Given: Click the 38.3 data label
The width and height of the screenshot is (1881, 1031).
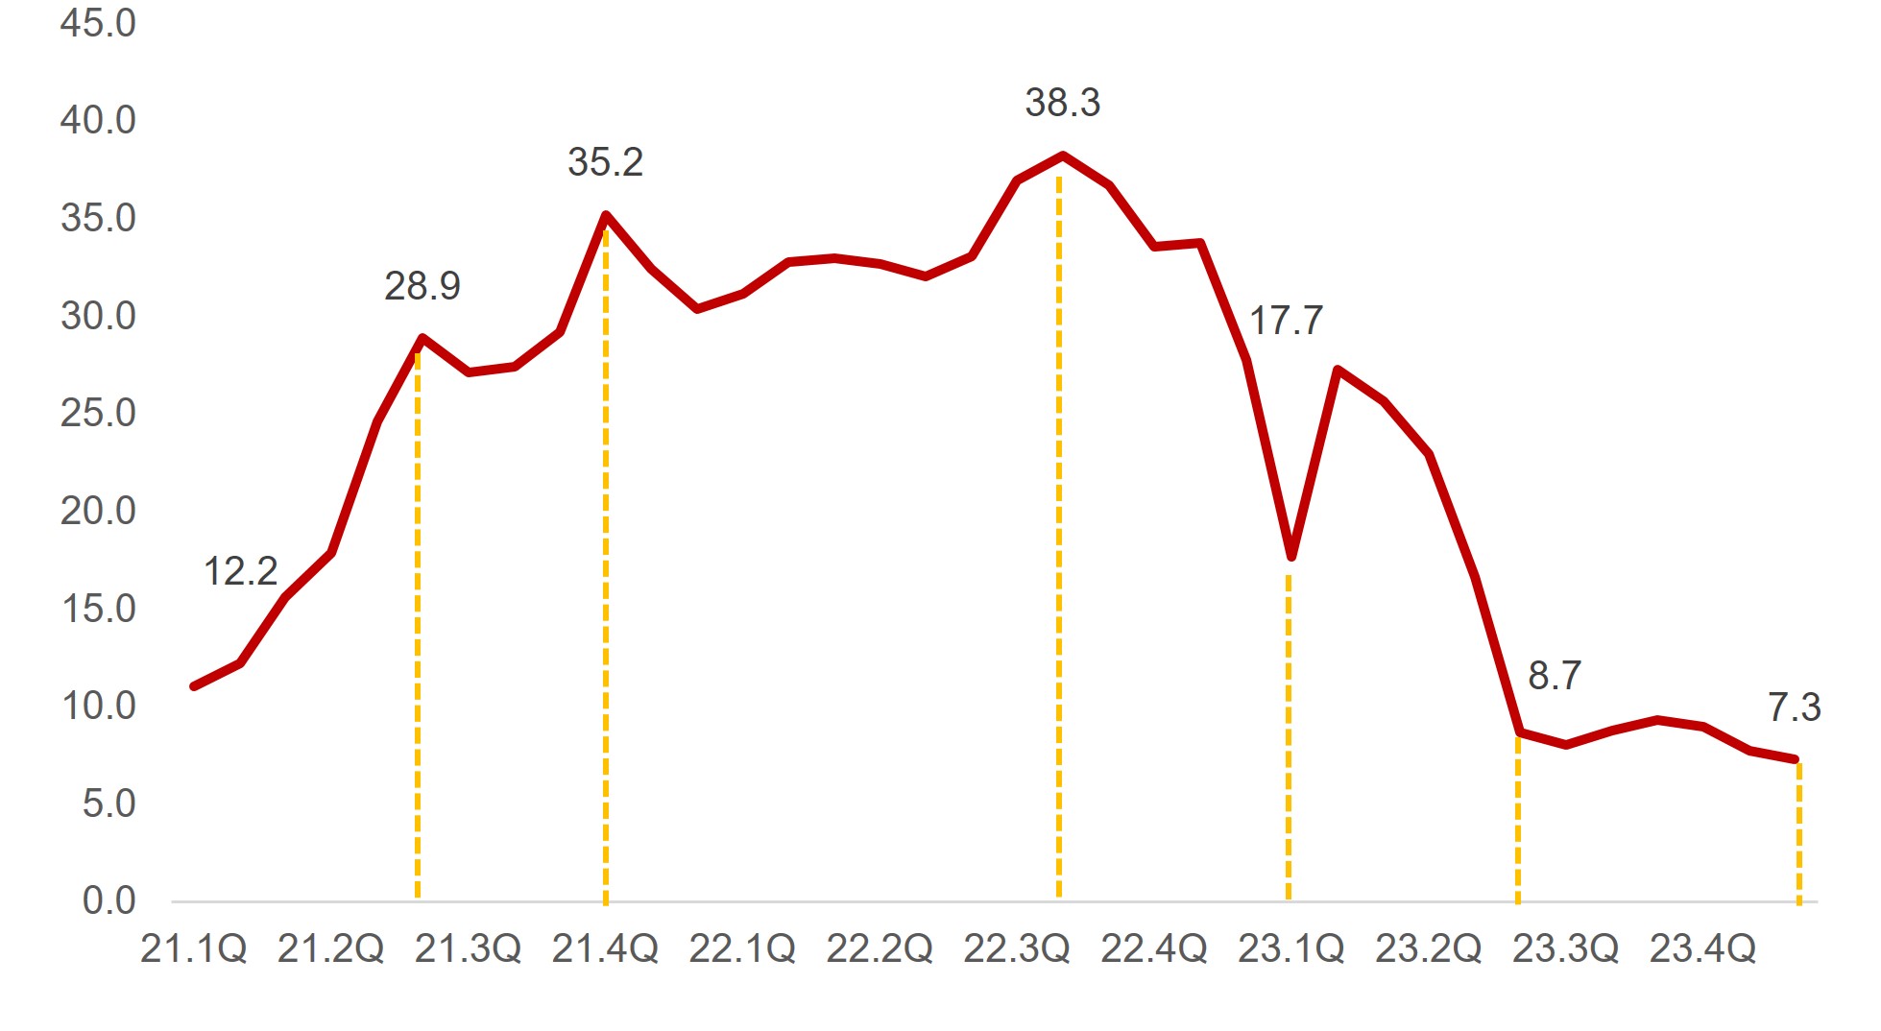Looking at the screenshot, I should click(1062, 103).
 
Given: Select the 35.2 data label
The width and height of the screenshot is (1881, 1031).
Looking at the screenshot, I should click(605, 162).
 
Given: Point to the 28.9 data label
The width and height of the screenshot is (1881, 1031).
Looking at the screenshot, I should click(422, 286).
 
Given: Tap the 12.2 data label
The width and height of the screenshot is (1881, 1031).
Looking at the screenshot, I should click(240, 572).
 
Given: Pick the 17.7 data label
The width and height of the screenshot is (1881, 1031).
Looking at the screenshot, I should click(1286, 321).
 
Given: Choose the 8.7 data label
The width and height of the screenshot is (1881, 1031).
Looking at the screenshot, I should click(1554, 676).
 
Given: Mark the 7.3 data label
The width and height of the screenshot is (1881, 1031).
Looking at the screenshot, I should click(1794, 707).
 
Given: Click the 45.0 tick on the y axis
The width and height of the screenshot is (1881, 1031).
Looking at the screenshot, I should click(98, 23).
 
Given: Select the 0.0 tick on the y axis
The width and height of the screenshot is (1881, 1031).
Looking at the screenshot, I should click(109, 900).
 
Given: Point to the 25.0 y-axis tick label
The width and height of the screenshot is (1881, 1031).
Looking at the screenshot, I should click(98, 413).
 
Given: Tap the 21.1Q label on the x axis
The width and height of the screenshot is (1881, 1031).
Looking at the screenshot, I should click(193, 948).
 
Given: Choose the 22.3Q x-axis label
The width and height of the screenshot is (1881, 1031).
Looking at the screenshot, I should click(1016, 948).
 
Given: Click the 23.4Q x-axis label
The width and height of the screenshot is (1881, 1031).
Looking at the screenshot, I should click(1702, 948).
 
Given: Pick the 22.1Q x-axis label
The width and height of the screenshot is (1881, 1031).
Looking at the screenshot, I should click(741, 948).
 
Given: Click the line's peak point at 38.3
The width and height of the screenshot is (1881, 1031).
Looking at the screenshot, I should click(1062, 155).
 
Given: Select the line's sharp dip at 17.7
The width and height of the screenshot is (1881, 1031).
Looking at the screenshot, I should click(1291, 556).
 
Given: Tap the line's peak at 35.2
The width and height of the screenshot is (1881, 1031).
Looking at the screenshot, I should click(605, 215).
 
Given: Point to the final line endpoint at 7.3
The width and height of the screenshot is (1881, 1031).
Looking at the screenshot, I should click(1794, 759).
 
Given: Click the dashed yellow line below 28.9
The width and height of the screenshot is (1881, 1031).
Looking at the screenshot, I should click(418, 624).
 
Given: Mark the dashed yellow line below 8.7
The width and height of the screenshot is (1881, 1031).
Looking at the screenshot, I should click(1517, 816).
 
